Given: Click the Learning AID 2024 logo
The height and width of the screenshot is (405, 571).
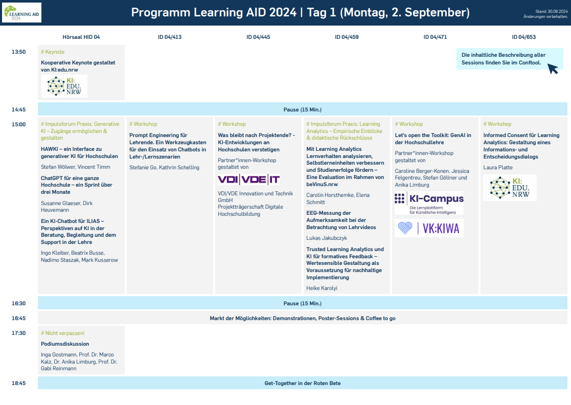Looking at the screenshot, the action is point(22,12).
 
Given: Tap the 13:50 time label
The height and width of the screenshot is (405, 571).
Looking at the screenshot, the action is point(18,52).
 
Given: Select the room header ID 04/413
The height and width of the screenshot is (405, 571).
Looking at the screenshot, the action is point(170,37).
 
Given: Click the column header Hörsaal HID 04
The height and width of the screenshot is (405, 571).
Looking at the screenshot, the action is point(81,37).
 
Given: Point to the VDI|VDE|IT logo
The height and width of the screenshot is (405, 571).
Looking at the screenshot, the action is point(249,179).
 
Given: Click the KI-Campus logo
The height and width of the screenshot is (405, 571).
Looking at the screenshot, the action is point(429,203).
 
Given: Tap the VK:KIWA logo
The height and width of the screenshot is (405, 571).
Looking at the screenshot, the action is point(429,228).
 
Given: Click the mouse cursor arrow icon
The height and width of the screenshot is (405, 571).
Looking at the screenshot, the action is point(553,69).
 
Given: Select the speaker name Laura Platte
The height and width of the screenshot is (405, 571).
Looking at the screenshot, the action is point(498,168).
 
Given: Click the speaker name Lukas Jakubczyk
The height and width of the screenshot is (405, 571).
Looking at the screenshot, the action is point(327,238).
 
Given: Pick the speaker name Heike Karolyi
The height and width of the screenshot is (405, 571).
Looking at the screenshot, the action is point(322,288).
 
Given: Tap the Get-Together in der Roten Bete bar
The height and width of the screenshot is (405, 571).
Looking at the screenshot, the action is point(303,383).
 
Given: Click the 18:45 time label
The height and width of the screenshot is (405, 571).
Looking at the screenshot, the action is point(18,383).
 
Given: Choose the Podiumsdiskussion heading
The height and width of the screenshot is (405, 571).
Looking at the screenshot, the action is point(65,344).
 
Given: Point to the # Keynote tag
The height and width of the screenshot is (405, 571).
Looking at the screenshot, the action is point(53,52).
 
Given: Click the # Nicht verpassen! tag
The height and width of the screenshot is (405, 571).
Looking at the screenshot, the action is point(63,333).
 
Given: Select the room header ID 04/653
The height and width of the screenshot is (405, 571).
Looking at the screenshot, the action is point(523,37).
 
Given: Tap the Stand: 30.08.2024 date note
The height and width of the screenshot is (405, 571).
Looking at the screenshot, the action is point(552,11).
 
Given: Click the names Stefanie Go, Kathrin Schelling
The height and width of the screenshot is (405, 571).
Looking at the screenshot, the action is point(164,168).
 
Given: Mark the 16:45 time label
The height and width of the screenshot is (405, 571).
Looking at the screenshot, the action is point(18,318).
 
